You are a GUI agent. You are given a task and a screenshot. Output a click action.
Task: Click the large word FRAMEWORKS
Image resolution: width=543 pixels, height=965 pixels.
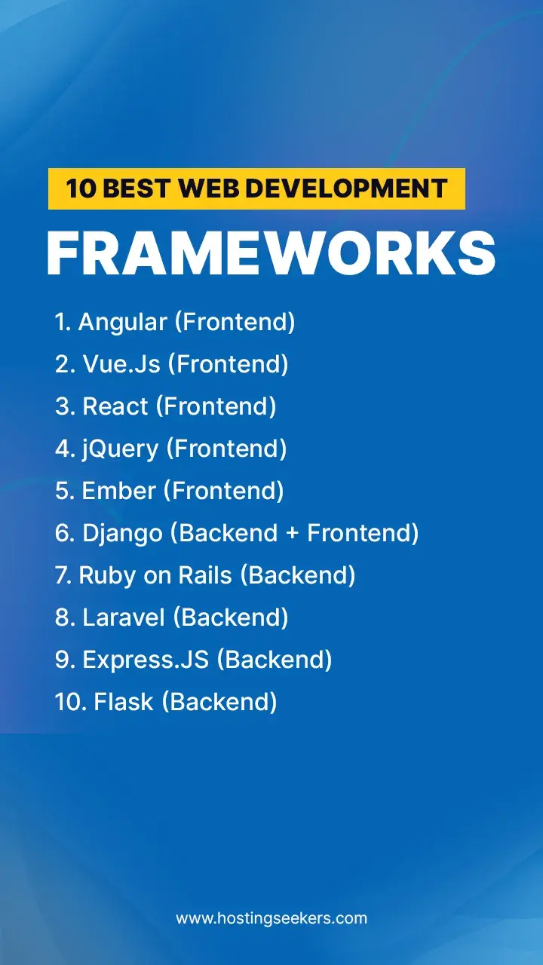coord(271,253)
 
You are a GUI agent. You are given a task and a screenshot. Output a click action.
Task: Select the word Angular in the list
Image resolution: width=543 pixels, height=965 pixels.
coord(122,323)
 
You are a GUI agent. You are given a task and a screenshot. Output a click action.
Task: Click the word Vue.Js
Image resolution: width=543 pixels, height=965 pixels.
coord(121,365)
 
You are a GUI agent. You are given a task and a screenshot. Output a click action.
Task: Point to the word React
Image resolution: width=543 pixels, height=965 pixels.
coord(115,407)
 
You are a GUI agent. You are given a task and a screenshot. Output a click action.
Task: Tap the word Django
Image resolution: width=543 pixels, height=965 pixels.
coord(122,534)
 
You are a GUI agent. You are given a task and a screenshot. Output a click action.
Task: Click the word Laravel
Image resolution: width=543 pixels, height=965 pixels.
coord(123,618)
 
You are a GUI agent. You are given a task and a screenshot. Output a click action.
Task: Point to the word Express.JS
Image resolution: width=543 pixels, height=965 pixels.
coord(146,660)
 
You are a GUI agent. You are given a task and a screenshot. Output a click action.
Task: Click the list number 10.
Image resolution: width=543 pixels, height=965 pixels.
coord(69,703)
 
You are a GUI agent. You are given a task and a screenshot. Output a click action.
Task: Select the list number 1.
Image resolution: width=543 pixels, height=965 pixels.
coord(63,323)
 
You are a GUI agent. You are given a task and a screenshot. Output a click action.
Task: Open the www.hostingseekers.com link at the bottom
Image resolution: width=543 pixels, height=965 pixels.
coord(271,918)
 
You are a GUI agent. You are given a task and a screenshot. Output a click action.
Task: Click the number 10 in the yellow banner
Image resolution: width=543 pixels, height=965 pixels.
coord(80,188)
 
